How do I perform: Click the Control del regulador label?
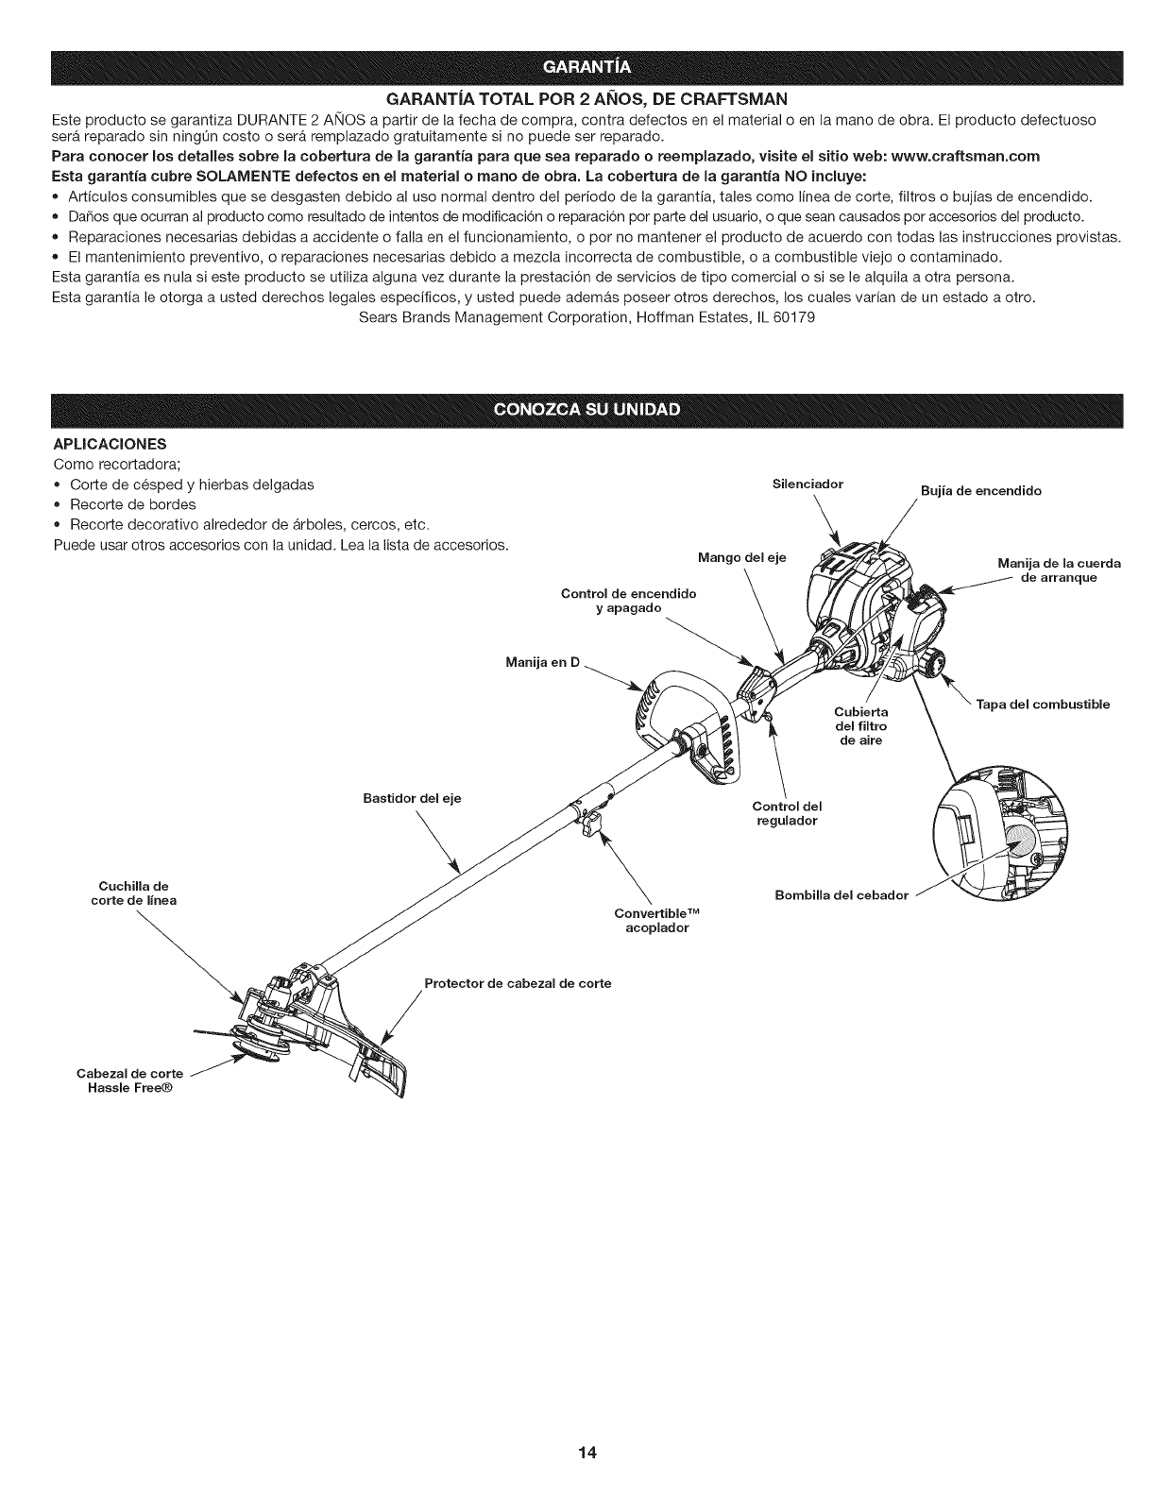787,813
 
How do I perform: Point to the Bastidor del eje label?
412,799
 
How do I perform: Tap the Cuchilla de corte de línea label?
133,892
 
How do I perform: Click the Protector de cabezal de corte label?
518,983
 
